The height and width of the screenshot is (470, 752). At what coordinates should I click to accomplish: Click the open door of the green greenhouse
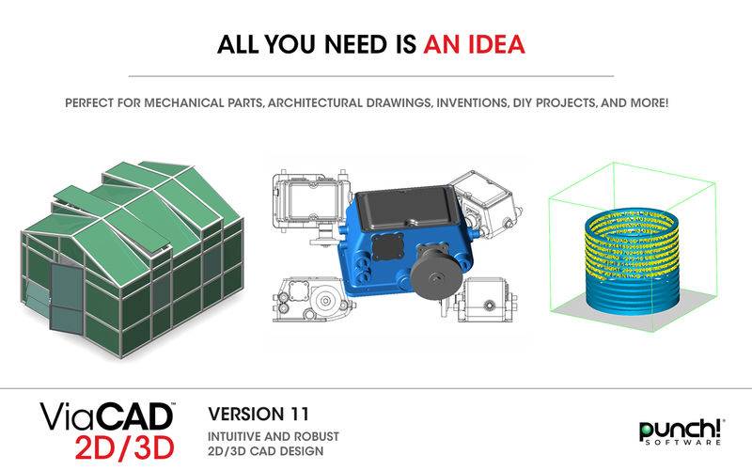tap(66, 298)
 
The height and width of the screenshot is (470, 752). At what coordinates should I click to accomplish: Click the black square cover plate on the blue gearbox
tap(387, 247)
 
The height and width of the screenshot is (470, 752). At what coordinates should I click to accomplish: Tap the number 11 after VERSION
tap(298, 414)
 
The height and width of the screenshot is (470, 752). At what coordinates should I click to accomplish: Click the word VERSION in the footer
tap(245, 414)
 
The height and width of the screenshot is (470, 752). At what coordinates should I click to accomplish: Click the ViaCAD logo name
tap(106, 416)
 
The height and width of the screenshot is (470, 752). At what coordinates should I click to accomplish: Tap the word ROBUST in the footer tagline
tap(316, 437)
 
